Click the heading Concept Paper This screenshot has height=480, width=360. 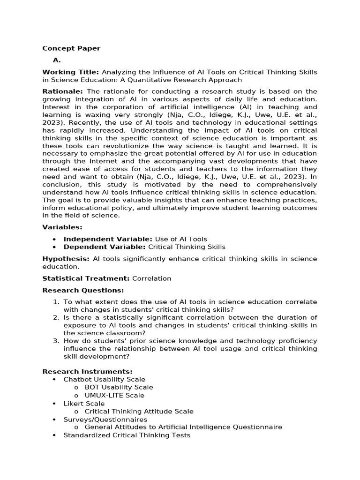click(71, 48)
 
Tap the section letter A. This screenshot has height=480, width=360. click(57, 60)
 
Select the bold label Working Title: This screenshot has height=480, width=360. click(70, 72)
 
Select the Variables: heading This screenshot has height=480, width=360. click(62, 227)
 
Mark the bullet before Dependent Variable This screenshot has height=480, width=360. click(55, 247)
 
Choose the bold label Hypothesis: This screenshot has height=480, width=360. click(66, 259)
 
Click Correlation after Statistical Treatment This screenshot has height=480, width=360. click(151, 278)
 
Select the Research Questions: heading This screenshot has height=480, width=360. click(83, 291)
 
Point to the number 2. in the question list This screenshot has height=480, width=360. click(56, 318)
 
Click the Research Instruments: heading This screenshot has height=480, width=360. click(87, 372)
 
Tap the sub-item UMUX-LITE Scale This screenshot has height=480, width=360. click(114, 396)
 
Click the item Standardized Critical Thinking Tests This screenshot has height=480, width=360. click(127, 435)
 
